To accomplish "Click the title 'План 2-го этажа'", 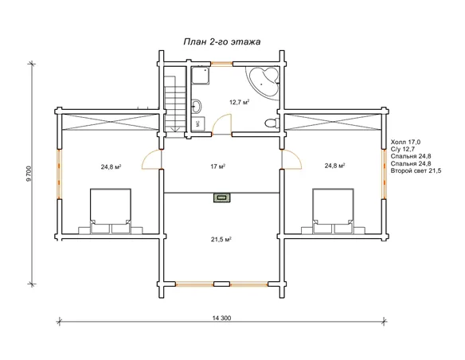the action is click(222, 41).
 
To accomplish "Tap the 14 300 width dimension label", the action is click(221, 318).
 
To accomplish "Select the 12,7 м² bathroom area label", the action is click(239, 102).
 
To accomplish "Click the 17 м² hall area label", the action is click(217, 166).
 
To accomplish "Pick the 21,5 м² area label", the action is click(221, 239).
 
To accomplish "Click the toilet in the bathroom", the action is click(272, 123).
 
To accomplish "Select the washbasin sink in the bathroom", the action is click(196, 105).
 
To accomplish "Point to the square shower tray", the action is click(201, 76).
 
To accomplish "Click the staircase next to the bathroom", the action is click(175, 103).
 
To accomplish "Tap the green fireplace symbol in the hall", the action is click(221, 198).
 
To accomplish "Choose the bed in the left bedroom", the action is click(111, 211).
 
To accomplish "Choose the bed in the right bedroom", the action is click(333, 211).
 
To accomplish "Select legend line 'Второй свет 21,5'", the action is click(416, 170).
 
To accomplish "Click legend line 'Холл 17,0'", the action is click(405, 142).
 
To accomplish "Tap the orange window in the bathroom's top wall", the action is click(221, 63).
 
